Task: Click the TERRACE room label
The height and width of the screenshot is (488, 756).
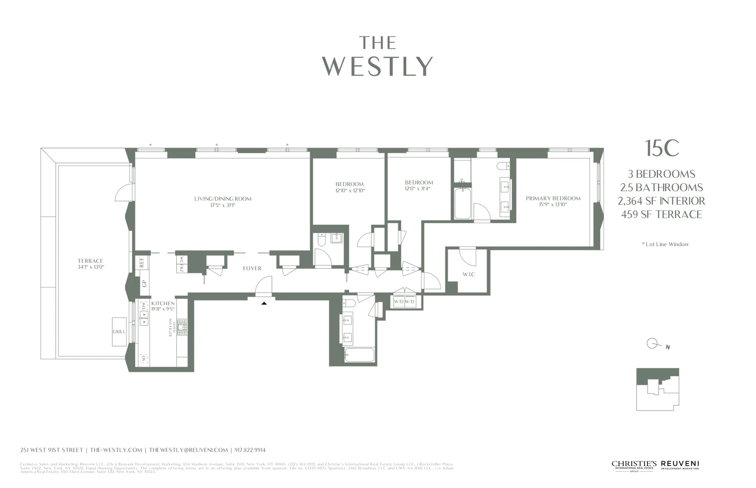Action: (90, 261)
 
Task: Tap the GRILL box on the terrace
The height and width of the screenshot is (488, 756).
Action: (119, 332)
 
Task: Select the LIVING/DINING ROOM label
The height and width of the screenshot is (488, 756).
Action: (222, 199)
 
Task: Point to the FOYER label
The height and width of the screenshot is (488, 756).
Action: (252, 268)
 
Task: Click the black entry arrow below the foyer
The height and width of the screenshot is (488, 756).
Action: (264, 303)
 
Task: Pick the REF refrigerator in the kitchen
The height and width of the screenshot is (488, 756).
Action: (142, 262)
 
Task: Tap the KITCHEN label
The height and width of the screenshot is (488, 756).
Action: (163, 304)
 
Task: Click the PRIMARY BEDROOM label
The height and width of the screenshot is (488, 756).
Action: (553, 198)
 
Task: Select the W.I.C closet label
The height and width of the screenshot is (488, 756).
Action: (468, 274)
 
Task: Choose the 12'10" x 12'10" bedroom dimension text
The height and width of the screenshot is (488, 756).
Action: (349, 190)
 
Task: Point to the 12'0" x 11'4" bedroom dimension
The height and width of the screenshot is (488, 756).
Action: (419, 189)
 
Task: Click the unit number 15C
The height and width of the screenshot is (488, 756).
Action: (662, 148)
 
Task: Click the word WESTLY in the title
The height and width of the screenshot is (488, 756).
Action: (378, 66)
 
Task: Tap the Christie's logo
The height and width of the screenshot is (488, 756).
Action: (634, 465)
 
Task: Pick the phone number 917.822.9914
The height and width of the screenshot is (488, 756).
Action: (250, 450)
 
